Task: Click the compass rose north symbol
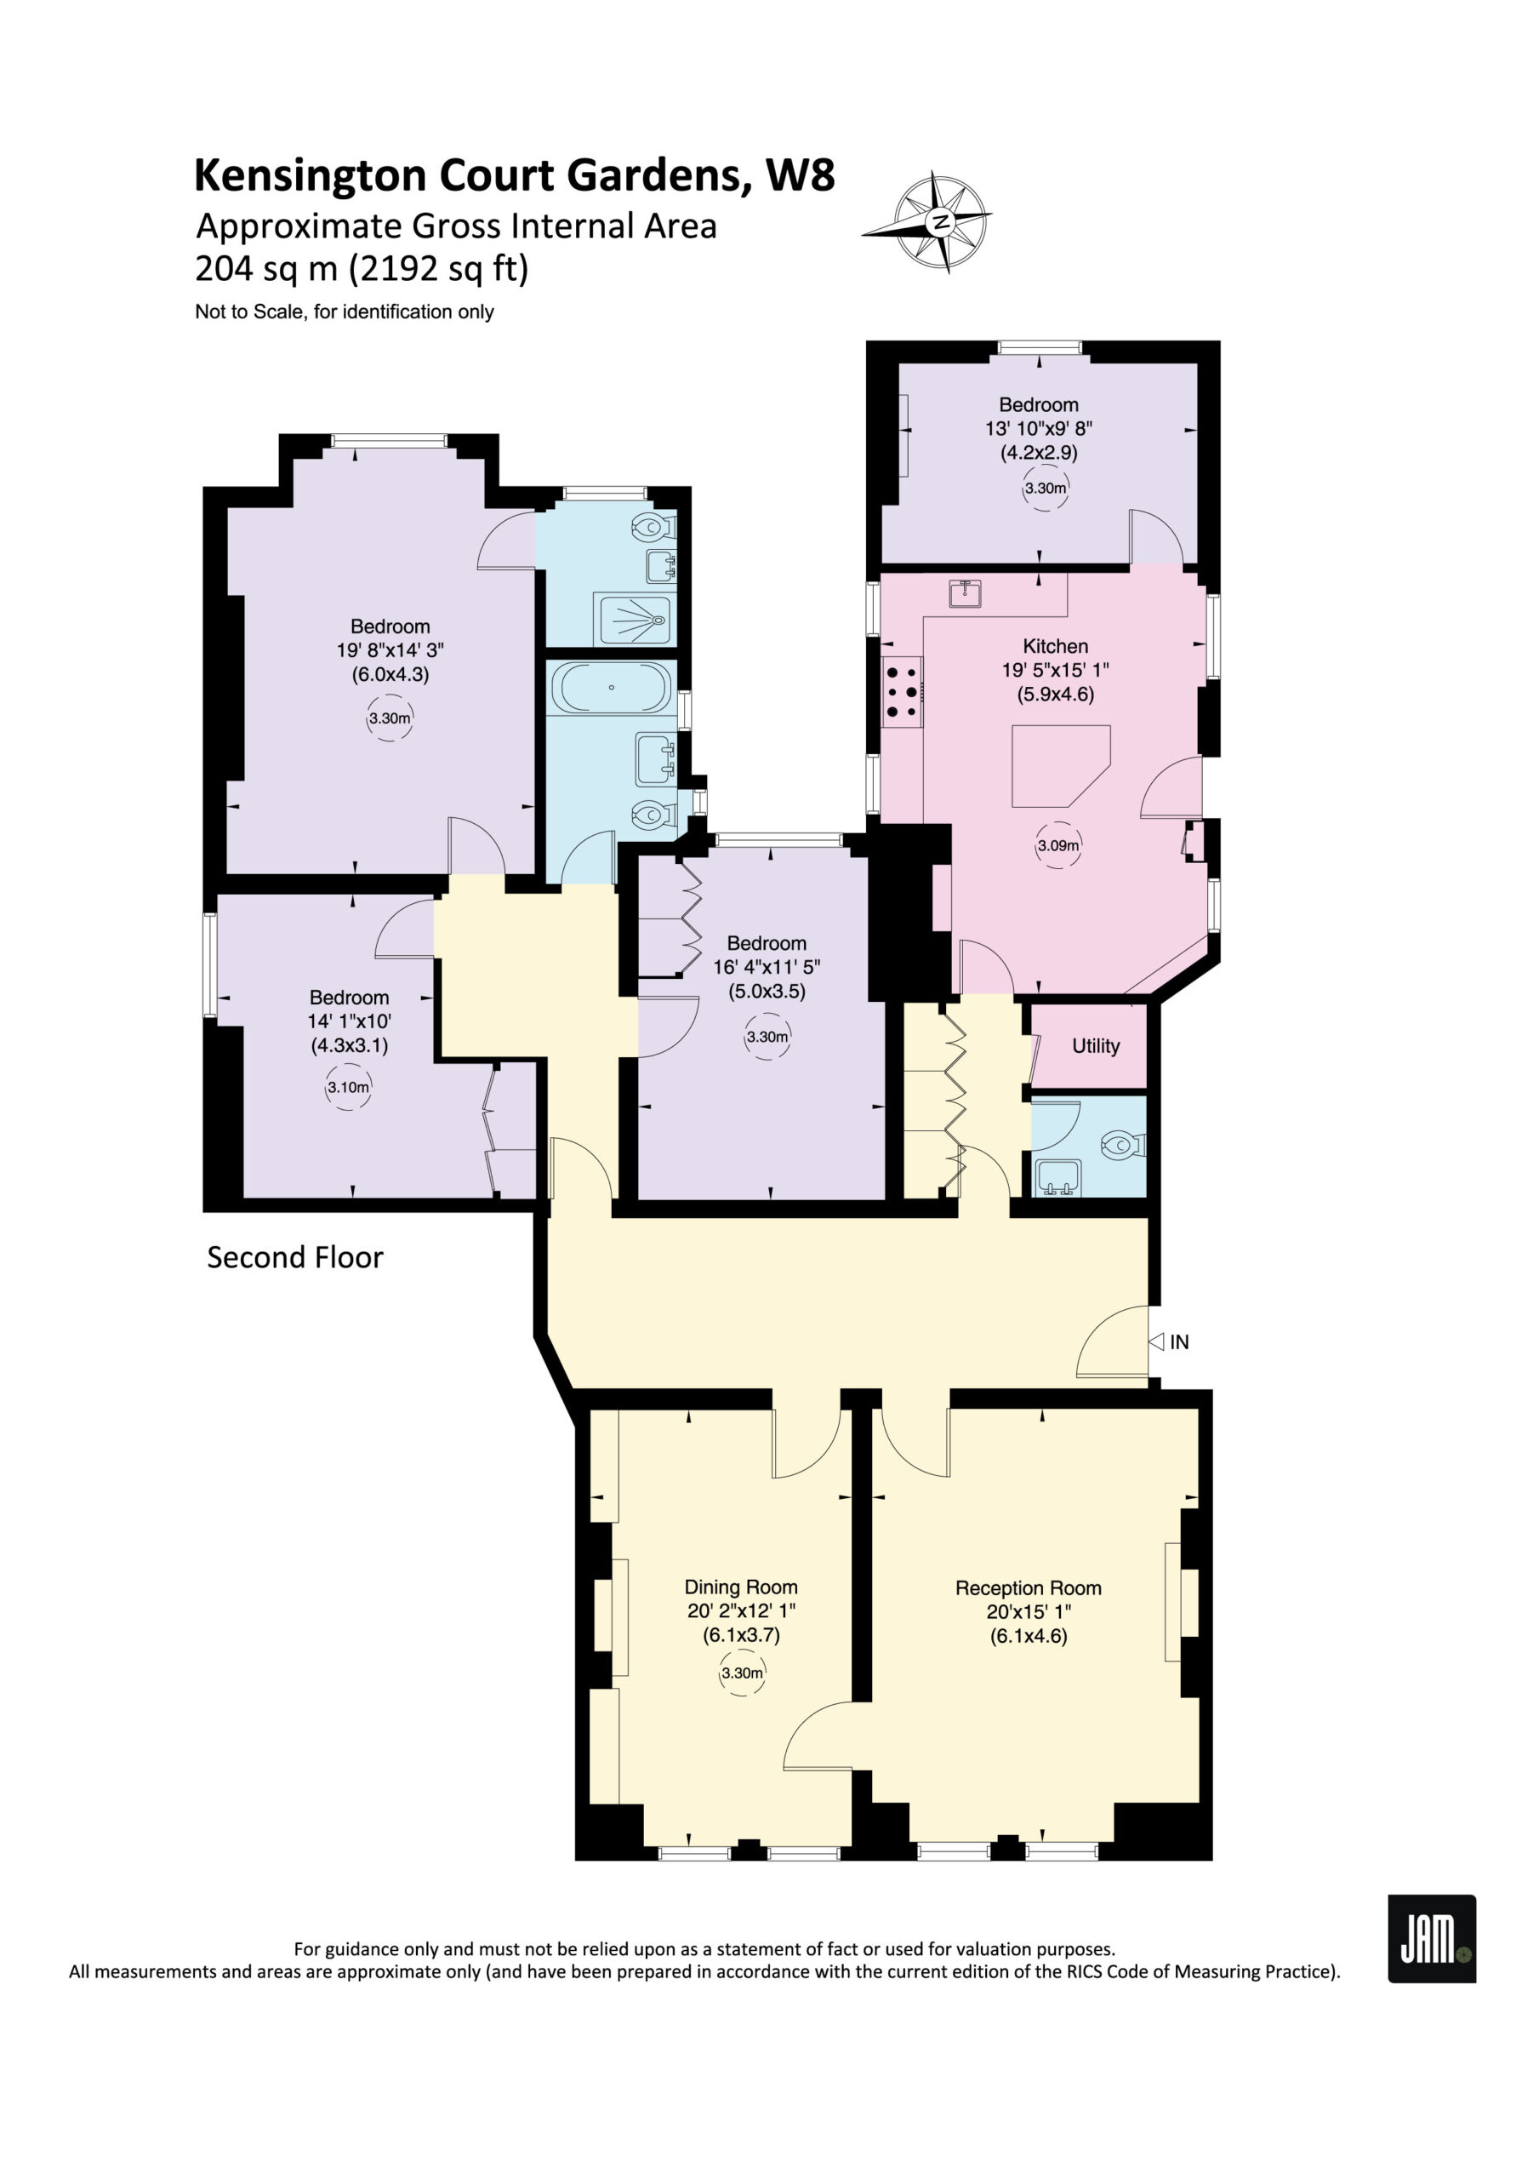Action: pos(940,223)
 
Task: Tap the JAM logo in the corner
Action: pos(1432,1938)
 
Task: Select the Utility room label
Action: pos(1096,1046)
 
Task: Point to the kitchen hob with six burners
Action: pos(902,692)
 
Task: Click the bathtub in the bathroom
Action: pos(612,687)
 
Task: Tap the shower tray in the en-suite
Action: pos(633,620)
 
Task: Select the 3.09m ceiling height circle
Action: pos(1058,845)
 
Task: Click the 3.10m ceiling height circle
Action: pos(348,1088)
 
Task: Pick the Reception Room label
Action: pos(1029,1587)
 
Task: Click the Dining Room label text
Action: pos(741,1587)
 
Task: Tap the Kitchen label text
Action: pos(1055,646)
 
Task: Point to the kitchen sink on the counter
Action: pos(965,594)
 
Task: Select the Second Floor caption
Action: pos(295,1257)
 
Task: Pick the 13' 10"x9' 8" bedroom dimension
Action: pos(1039,428)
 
